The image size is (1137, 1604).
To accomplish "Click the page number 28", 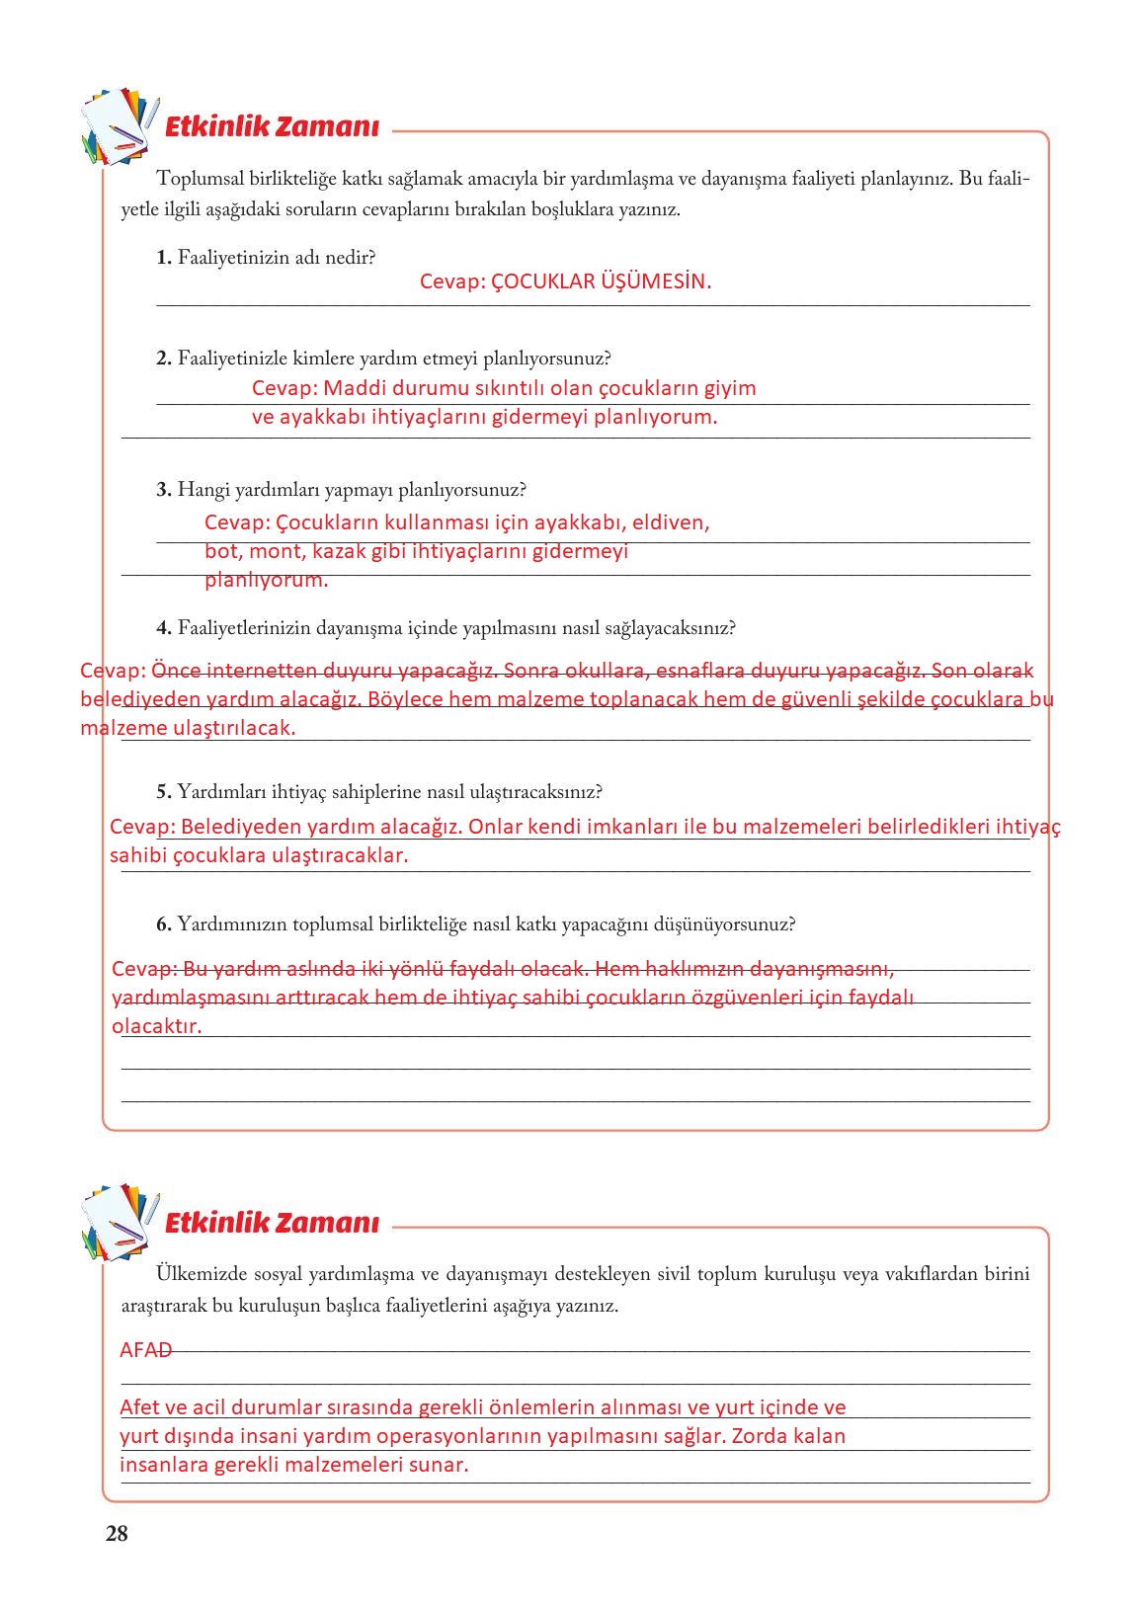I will tap(117, 1534).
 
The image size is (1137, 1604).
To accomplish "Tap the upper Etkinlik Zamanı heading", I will tap(272, 127).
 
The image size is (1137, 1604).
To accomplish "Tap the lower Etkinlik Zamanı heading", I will tap(272, 1223).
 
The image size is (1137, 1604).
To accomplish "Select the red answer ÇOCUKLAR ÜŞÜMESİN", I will tap(601, 281).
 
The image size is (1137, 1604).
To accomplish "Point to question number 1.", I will tap(164, 258).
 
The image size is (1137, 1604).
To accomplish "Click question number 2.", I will tap(164, 359).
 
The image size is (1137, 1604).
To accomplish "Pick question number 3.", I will tap(164, 490).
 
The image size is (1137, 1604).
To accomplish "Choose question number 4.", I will tap(164, 628).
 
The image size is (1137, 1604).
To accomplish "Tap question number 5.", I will tap(164, 792).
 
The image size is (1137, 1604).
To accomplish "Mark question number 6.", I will tap(164, 924).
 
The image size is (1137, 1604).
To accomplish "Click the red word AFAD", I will tap(145, 1350).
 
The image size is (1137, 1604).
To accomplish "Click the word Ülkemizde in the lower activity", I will tap(201, 1274).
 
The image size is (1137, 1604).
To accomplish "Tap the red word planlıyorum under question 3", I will tap(266, 580).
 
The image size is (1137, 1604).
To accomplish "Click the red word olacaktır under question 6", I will tap(156, 1026).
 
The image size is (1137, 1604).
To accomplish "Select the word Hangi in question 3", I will tap(203, 490).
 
